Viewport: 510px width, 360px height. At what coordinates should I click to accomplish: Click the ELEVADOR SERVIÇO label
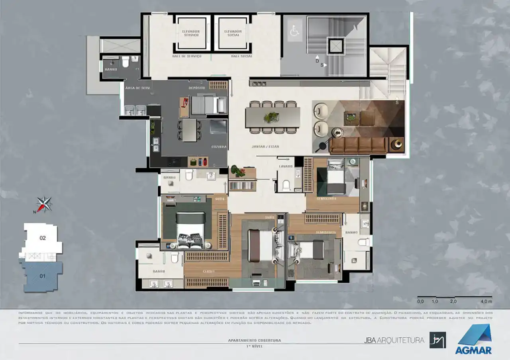point(190,33)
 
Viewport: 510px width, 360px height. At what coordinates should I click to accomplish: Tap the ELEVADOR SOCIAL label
point(233,33)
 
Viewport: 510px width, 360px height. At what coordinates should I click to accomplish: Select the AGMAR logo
point(474,339)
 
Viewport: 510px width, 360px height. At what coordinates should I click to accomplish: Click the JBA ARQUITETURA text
point(394,340)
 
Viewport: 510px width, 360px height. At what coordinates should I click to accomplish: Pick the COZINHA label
point(219,147)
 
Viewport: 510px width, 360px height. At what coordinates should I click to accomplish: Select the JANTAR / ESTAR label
point(265,147)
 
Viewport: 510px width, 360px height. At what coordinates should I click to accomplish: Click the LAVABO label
point(286,166)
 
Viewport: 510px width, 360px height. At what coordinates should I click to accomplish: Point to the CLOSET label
point(208,272)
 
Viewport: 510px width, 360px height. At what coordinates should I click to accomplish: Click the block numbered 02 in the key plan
point(43,238)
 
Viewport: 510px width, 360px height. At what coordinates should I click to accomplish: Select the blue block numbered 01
point(42,276)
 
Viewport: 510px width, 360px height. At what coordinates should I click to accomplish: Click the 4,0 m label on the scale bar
point(486,301)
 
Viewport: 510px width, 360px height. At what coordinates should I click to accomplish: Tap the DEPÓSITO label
point(197,88)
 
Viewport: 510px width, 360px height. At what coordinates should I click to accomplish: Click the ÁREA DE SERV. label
point(134,88)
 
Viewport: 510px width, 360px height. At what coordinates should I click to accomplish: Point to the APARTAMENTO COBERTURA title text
point(255,340)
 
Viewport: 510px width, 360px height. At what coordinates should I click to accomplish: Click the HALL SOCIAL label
point(241,57)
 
